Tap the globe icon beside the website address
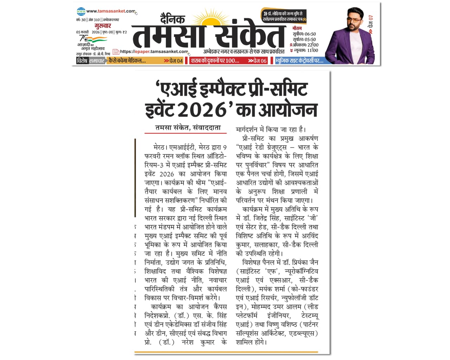coord(81,12)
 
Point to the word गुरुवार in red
coord(103,26)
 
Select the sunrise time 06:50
coord(310,34)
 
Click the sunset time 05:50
coord(310,39)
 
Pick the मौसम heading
coord(297,28)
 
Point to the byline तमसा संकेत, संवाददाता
coord(188,128)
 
